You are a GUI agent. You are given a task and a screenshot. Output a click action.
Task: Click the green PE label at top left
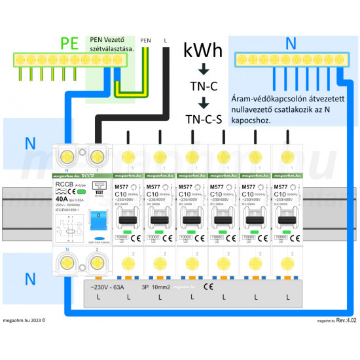point(69,44)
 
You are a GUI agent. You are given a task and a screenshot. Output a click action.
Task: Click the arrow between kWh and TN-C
point(204,69)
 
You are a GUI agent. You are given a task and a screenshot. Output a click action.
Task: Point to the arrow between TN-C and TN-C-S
point(204,102)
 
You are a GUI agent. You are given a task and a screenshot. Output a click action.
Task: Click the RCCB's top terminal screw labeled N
point(67,156)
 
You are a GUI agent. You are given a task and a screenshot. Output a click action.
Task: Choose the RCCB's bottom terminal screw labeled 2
point(97,262)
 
